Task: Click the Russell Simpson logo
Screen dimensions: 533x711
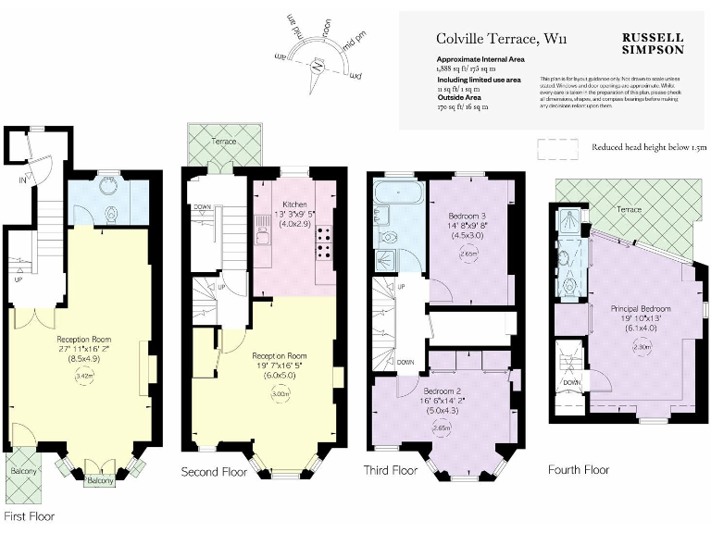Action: tap(653, 43)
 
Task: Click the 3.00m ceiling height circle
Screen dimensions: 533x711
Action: tap(279, 393)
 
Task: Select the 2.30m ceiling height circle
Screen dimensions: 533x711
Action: tap(640, 348)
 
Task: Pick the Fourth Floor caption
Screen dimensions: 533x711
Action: tap(578, 469)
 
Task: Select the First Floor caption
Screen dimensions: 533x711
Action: tap(30, 515)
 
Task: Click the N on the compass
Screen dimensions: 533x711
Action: tap(318, 68)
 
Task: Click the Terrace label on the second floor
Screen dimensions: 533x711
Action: tap(224, 142)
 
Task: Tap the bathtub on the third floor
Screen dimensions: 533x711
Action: tap(398, 194)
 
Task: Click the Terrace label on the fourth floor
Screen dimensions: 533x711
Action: tap(629, 210)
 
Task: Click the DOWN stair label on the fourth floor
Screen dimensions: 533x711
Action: tap(571, 381)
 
